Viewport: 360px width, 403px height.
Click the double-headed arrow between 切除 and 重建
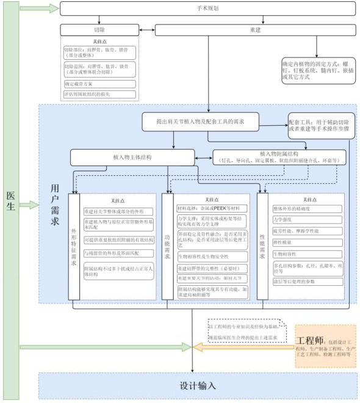click(x=147, y=30)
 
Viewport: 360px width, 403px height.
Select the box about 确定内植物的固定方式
click(x=317, y=74)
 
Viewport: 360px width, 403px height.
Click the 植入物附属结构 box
click(x=279, y=157)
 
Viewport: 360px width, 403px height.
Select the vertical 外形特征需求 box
click(x=74, y=247)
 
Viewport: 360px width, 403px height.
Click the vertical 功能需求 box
click(x=167, y=247)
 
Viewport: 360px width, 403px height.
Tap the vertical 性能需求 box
click(x=262, y=247)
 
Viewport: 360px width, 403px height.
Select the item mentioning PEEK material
click(x=212, y=208)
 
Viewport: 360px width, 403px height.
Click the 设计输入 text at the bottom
click(x=198, y=386)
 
